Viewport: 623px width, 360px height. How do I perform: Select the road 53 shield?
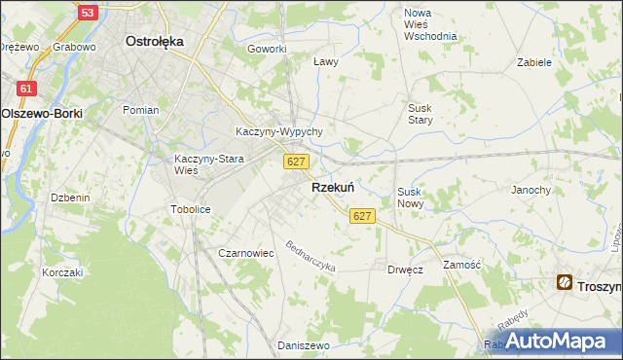click(88, 13)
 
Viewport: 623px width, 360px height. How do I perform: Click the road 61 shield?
click(26, 89)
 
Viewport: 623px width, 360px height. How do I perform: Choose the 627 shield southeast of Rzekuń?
click(362, 215)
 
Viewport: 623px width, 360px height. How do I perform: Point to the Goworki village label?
click(267, 49)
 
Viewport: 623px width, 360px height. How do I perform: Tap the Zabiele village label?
click(535, 61)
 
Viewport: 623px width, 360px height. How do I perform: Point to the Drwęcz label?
click(405, 269)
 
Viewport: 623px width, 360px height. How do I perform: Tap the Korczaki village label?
click(62, 272)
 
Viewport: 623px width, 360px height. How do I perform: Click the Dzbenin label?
click(70, 198)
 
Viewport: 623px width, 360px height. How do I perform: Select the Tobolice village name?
click(190, 209)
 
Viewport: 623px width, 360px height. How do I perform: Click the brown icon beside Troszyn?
click(566, 283)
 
